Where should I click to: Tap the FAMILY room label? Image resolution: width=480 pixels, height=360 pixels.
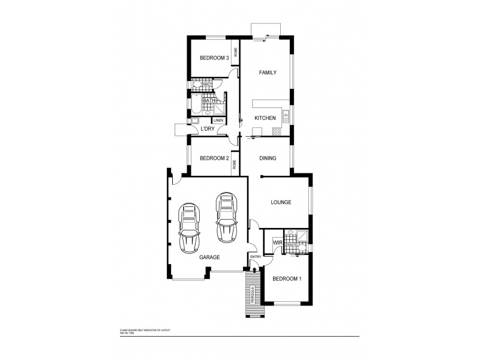267,73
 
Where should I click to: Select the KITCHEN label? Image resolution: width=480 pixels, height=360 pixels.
265,118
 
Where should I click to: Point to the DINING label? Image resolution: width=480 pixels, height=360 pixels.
268,158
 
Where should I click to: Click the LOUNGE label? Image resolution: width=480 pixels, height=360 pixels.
281,202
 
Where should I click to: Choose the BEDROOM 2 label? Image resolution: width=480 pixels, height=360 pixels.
214,158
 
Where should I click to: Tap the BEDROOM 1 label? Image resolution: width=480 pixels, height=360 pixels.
286,279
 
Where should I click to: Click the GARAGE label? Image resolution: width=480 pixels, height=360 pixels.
209,257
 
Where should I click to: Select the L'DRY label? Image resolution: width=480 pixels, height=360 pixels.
208,129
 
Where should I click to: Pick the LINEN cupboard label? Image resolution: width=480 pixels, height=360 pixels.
218,121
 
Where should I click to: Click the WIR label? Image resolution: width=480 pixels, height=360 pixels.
277,242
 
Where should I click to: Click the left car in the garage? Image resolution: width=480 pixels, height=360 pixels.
190,227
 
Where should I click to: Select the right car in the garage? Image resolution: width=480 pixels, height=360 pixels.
226,217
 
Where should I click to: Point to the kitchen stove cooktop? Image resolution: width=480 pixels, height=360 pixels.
286,114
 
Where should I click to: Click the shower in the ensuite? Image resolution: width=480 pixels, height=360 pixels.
305,236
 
